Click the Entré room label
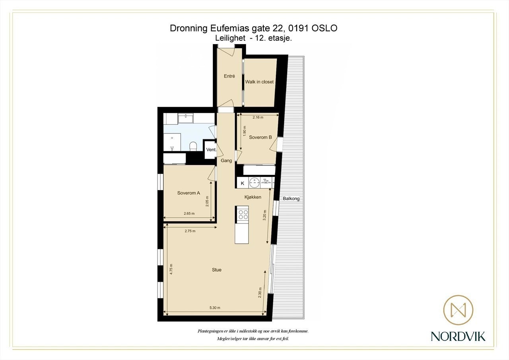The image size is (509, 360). pyautogui.click(x=229, y=76)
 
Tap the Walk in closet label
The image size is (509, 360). pyautogui.click(x=259, y=82)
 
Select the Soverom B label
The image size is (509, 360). pyautogui.click(x=260, y=137)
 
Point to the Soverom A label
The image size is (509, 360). pyautogui.click(x=188, y=193)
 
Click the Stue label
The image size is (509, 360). pyautogui.click(x=217, y=270)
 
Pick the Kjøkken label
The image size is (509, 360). pyautogui.click(x=253, y=197)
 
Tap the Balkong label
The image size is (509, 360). pyautogui.click(x=291, y=198)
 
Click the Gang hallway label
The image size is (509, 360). pyautogui.click(x=226, y=161)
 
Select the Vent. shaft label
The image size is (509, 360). pyautogui.click(x=211, y=150)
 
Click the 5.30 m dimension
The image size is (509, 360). pyautogui.click(x=215, y=308)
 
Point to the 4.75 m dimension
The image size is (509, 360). pyautogui.click(x=171, y=269)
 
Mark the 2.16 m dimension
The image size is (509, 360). pyautogui.click(x=258, y=117)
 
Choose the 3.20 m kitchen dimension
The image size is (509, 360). pyautogui.click(x=264, y=215)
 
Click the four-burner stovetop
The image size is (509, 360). pyautogui.click(x=243, y=214)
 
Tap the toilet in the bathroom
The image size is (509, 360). pyautogui.click(x=193, y=146)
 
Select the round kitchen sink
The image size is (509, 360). pyautogui.click(x=254, y=183)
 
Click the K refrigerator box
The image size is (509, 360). pyautogui.click(x=243, y=183)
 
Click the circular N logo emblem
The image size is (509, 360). pyautogui.click(x=458, y=310)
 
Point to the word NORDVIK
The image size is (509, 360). pyautogui.click(x=458, y=337)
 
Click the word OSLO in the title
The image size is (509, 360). pyautogui.click(x=324, y=28)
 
